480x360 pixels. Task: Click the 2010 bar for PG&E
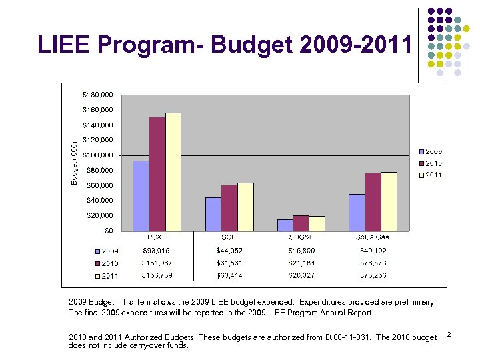[x=157, y=174]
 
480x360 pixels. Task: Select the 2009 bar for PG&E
[x=141, y=196]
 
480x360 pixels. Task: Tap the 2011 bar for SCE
[x=245, y=207]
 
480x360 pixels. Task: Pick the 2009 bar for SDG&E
[x=285, y=225]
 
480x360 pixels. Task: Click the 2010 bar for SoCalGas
[x=373, y=202]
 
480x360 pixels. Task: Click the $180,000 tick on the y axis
[x=97, y=94]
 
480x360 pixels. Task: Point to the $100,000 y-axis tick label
[x=97, y=155]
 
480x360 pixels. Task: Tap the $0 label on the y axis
[x=108, y=230]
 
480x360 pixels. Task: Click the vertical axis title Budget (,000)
[x=75, y=163]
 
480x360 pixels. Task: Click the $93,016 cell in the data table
[x=157, y=251]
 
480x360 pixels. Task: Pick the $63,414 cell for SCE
[x=229, y=275]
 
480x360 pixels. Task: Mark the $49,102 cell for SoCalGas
[x=373, y=251]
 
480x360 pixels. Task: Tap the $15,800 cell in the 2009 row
[x=301, y=251]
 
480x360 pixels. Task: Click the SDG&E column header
[x=301, y=237]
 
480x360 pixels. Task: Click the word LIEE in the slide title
[x=66, y=45]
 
